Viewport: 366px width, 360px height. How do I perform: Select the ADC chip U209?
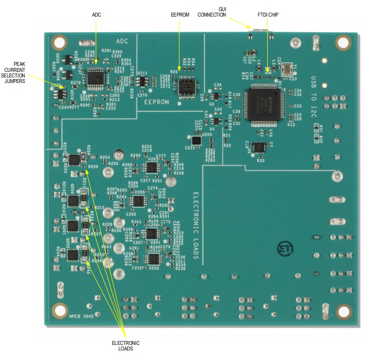point(96,78)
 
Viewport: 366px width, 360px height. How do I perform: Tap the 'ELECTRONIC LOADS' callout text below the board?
point(125,346)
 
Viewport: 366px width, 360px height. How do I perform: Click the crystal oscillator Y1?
point(288,69)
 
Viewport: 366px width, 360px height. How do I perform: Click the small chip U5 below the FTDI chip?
point(259,147)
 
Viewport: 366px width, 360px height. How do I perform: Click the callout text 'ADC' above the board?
point(97,15)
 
